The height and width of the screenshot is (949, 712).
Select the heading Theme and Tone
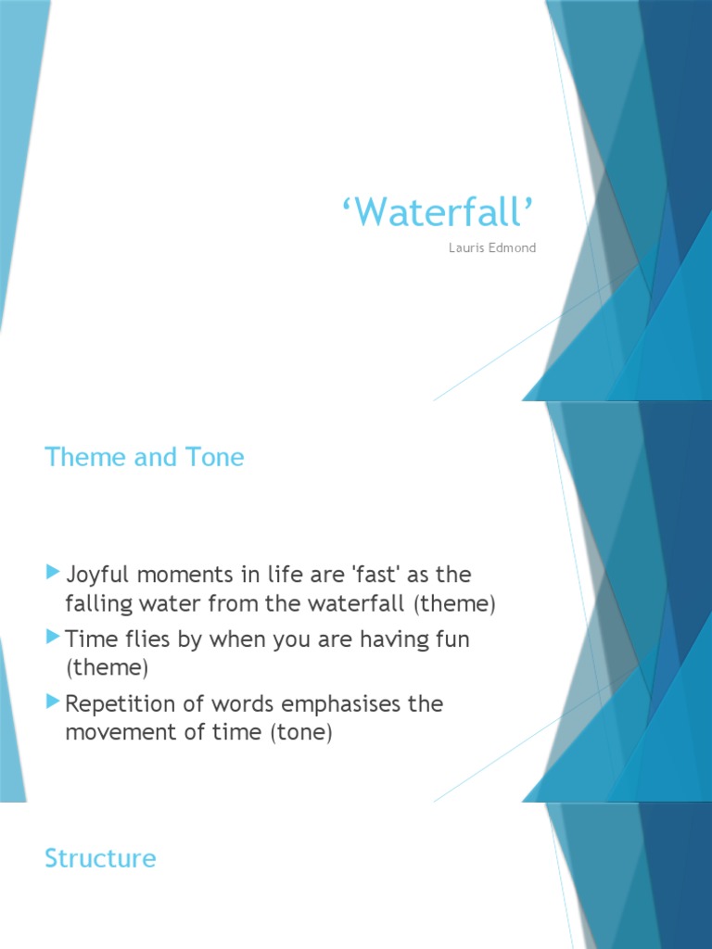pos(145,457)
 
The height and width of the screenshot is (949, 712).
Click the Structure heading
pos(100,858)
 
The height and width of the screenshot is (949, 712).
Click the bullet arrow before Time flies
pos(53,639)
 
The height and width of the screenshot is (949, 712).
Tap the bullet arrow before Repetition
pos(53,702)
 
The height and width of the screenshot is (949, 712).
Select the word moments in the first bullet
pos(189,575)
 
